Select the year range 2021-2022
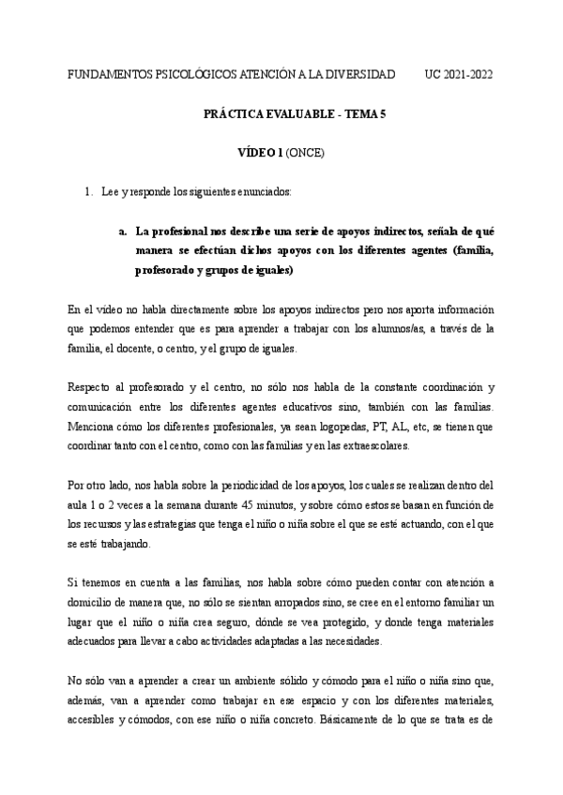tap(469, 74)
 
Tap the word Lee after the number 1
tap(110, 191)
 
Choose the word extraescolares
tap(374, 447)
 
